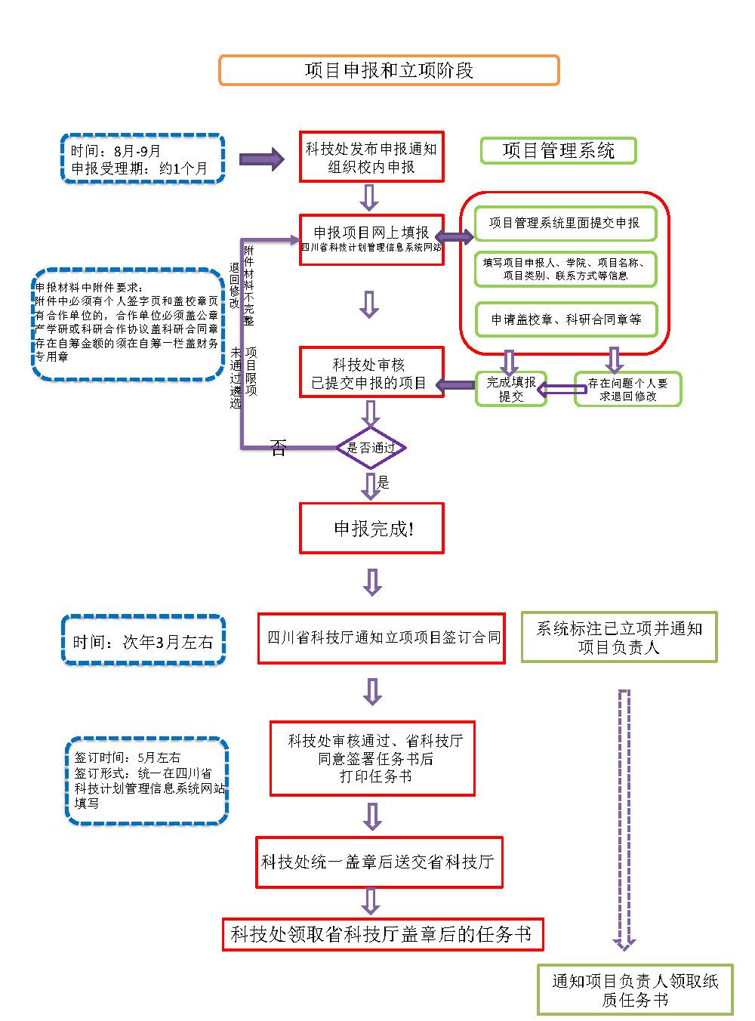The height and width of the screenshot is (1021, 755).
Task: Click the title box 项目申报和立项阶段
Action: pyautogui.click(x=389, y=70)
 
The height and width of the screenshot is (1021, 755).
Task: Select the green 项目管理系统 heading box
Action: pyautogui.click(x=559, y=150)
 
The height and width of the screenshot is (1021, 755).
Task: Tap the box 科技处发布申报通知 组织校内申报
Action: pyautogui.click(x=371, y=157)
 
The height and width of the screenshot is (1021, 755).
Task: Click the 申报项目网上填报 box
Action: pyautogui.click(x=371, y=239)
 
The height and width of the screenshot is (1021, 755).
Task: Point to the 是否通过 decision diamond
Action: pyautogui.click(x=371, y=448)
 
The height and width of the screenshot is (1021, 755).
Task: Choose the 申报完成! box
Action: pyautogui.click(x=371, y=528)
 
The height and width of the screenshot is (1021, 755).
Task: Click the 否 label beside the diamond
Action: pyautogui.click(x=279, y=449)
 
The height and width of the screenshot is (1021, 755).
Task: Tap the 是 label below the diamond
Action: pyautogui.click(x=384, y=483)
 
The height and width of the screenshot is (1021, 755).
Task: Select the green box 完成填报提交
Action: pyautogui.click(x=510, y=389)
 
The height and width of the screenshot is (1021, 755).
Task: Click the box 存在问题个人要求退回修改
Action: pyautogui.click(x=627, y=389)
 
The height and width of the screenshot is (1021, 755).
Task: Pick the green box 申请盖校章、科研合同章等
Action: pyautogui.click(x=565, y=319)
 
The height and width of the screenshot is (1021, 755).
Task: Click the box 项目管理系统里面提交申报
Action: pyautogui.click(x=565, y=223)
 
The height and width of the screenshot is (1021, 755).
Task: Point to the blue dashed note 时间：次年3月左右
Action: pyautogui.click(x=143, y=641)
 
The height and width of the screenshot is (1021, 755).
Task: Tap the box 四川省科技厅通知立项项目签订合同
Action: pyautogui.click(x=381, y=638)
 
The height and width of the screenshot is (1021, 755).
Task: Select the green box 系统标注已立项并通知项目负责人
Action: pyautogui.click(x=619, y=637)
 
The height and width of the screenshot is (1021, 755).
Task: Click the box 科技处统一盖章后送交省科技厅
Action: pyautogui.click(x=379, y=862)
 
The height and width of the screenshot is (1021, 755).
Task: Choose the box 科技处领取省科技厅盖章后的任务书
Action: pyautogui.click(x=382, y=934)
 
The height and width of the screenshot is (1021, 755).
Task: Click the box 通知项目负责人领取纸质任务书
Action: pyautogui.click(x=635, y=989)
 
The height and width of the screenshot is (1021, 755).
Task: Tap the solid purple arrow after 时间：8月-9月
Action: pyautogui.click(x=260, y=159)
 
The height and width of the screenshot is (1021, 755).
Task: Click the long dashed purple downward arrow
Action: pyautogui.click(x=624, y=819)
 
